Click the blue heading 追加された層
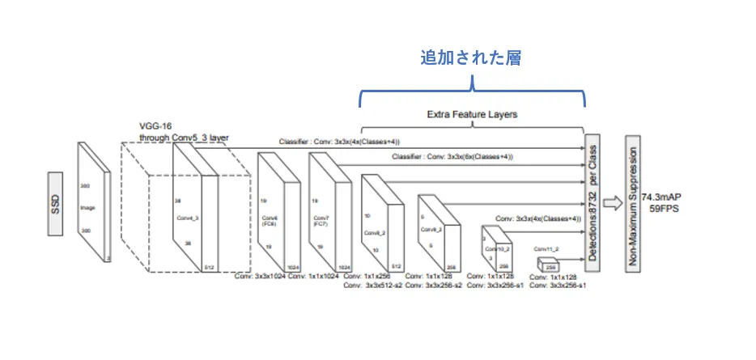tap(470, 58)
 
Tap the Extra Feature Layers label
tap(471, 115)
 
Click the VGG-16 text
tap(156, 127)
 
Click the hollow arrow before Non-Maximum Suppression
tap(610, 202)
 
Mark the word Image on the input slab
tap(87, 209)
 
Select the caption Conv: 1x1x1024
tap(312, 277)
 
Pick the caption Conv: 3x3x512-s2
tap(373, 286)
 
